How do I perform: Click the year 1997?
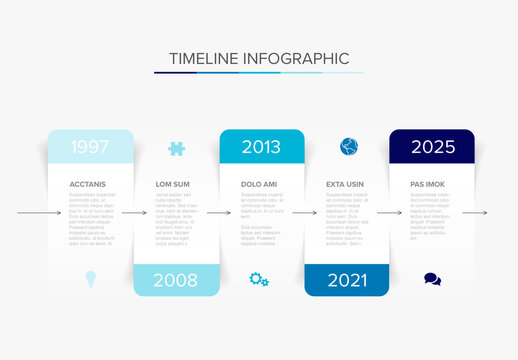[x=90, y=147]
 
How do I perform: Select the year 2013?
[x=261, y=147]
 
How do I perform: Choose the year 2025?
[x=432, y=147]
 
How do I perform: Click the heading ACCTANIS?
[x=87, y=185]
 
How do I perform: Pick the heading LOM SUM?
[x=172, y=185]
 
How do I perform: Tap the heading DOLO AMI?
[x=260, y=185]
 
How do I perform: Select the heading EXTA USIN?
[x=346, y=185]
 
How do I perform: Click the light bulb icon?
[x=90, y=279]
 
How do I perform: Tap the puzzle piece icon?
[x=176, y=148]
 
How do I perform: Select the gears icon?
[x=259, y=280]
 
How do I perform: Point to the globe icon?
[x=347, y=146]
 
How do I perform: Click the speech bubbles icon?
[x=432, y=280]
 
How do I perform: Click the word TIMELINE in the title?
[x=204, y=58]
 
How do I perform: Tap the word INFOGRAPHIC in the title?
[x=295, y=58]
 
